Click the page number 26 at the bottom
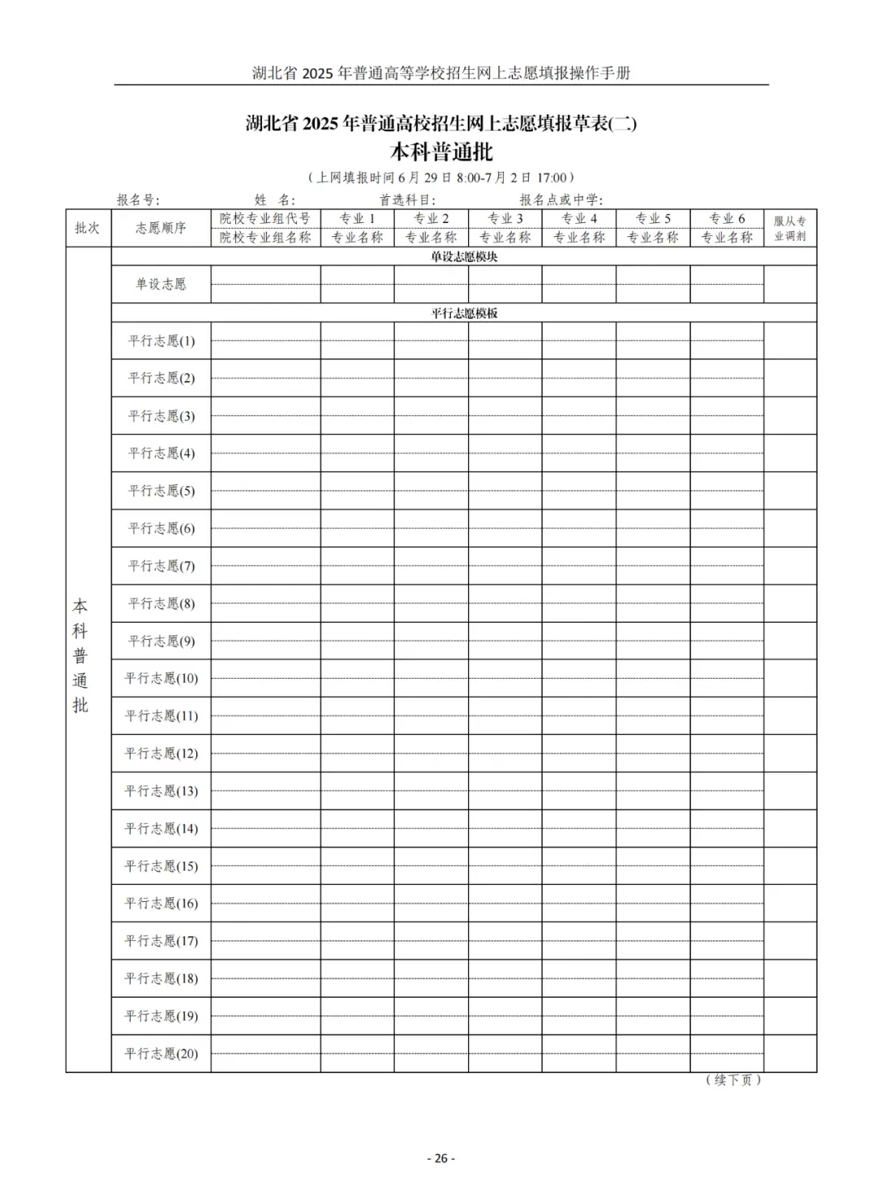[440, 1158]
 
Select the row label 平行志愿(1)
[161, 341]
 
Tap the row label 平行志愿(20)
[161, 1054]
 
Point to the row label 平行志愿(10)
[161, 678]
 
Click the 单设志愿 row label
[161, 284]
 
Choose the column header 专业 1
[357, 218]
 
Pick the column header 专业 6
[727, 218]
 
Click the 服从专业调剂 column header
[790, 228]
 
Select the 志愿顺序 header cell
[161, 228]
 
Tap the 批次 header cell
[88, 228]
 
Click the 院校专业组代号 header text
[265, 218]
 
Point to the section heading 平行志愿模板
[464, 313]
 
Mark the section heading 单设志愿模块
[464, 256]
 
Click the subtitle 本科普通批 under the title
[441, 152]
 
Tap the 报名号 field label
[138, 200]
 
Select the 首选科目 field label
[407, 200]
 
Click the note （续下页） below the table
[733, 1080]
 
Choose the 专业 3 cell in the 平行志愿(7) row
[505, 565]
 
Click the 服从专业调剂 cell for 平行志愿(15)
[790, 865]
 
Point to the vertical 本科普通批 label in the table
[80, 655]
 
